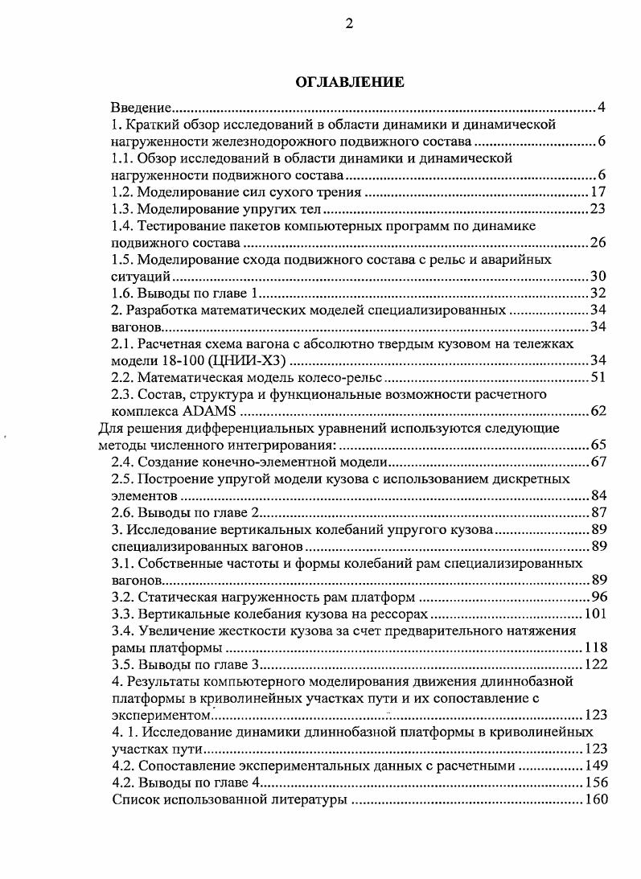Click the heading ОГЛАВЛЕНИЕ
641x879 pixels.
(x=349, y=82)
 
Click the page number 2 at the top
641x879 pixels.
(x=349, y=23)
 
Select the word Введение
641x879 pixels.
(x=142, y=107)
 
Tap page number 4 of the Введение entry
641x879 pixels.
(x=602, y=107)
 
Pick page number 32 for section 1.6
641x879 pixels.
(x=598, y=293)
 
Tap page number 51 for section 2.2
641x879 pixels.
(x=598, y=376)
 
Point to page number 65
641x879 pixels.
(x=598, y=444)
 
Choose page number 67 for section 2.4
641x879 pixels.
(x=598, y=462)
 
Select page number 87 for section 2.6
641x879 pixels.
(x=598, y=512)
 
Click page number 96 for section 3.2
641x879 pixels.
(x=598, y=597)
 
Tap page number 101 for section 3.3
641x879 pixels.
(x=594, y=614)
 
